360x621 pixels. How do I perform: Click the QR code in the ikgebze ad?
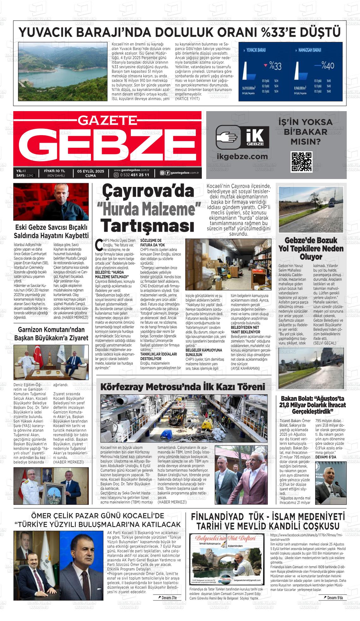pyautogui.click(x=302, y=162)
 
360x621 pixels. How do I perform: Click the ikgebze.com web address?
pyautogui.click(x=242, y=156)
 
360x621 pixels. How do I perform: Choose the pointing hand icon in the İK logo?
pyautogui.click(x=229, y=137)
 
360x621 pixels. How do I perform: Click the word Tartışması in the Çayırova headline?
pyautogui.click(x=147, y=226)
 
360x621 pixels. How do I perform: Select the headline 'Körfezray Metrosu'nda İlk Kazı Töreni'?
pyautogui.click(x=183, y=387)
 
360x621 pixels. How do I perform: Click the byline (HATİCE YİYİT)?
pyautogui.click(x=187, y=99)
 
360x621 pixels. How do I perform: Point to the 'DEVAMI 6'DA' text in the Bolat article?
pyautogui.click(x=326, y=457)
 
